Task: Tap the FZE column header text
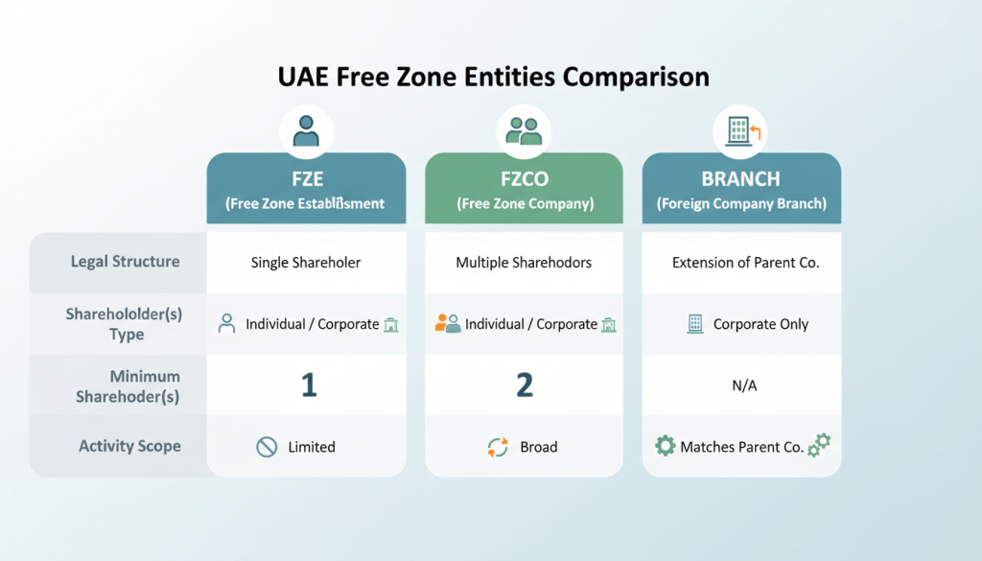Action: pos(306,178)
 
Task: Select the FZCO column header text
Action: pos(525,178)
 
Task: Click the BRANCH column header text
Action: pos(741,178)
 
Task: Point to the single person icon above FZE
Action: pos(306,130)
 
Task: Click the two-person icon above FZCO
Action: pos(525,130)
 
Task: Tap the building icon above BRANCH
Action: pos(739,130)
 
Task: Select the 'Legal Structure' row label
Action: pos(125,261)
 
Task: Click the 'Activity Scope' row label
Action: pos(129,446)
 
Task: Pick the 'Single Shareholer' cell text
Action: pos(306,262)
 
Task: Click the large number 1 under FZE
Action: pos(308,386)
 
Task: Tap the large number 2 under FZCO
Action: pos(525,386)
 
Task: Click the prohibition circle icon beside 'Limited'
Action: pos(267,447)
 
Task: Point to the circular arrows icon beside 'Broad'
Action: pos(498,447)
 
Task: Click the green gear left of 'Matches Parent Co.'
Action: pos(665,446)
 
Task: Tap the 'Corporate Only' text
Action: pos(760,324)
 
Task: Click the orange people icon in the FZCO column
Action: pos(447,324)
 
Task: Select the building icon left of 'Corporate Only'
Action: pos(695,324)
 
